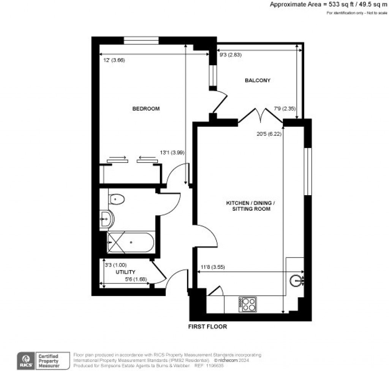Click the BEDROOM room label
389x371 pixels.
point(146,109)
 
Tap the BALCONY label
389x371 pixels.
point(258,80)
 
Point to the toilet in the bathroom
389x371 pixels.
point(117,199)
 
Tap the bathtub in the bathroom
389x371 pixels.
point(130,242)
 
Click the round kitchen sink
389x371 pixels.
point(296,281)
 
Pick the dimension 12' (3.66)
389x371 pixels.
point(114,60)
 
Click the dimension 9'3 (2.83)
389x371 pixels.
point(231,55)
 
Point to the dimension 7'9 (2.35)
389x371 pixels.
point(285,109)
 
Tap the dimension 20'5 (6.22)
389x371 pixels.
point(269,134)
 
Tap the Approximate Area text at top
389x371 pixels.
point(329,5)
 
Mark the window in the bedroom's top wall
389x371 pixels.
point(141,41)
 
